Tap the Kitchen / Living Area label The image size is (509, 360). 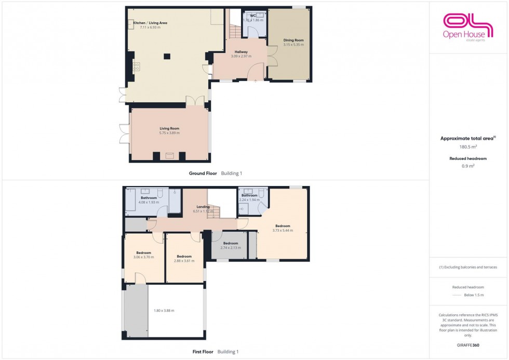[x=150, y=23]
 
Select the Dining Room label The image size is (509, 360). [x=293, y=40]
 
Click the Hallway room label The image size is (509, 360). [x=240, y=52]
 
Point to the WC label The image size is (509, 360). [x=253, y=16]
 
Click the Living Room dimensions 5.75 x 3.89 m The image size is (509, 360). [x=169, y=133]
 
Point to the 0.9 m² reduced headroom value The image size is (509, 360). [x=468, y=166]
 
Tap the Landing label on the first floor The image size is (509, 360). [x=203, y=207]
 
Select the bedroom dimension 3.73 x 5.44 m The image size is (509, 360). [x=283, y=230]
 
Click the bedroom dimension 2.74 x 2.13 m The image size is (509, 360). [x=231, y=247]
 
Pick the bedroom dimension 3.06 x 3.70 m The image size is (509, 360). [x=144, y=257]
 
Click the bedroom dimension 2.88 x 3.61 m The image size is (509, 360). [x=184, y=261]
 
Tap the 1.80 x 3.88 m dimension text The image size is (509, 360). [x=164, y=311]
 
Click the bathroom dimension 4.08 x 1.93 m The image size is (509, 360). [x=149, y=202]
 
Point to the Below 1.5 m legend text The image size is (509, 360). [x=474, y=295]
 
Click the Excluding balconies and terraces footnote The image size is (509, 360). [x=468, y=267]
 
